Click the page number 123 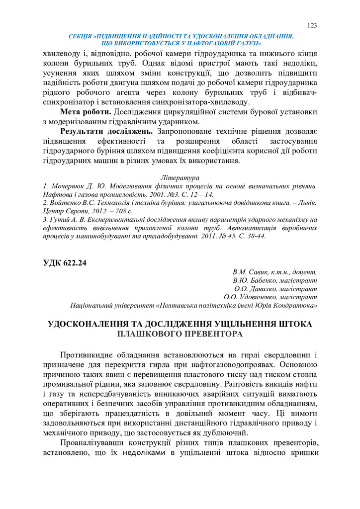[312, 25]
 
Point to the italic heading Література [180, 177]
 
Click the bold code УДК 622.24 [65, 263]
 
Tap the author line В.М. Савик [274, 272]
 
